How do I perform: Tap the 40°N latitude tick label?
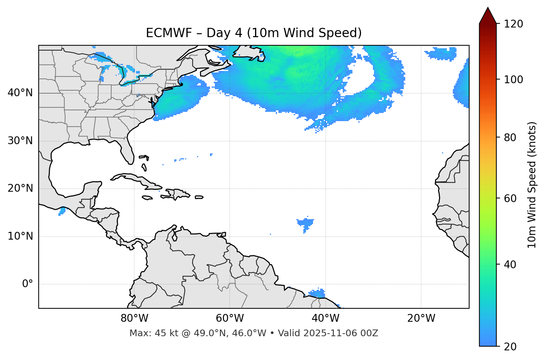(x=20, y=93)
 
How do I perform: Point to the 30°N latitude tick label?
(x=20, y=141)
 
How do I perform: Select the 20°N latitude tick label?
(x=20, y=188)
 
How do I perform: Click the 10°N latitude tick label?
(x=20, y=236)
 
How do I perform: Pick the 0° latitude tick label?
(x=28, y=284)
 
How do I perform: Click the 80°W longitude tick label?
(x=134, y=318)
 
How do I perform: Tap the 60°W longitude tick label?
(x=230, y=318)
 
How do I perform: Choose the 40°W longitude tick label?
(x=325, y=318)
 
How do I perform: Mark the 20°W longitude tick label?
(x=421, y=318)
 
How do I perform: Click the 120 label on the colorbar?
(x=514, y=24)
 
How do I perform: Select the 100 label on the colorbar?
(x=514, y=80)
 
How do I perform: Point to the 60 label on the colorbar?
(x=512, y=198)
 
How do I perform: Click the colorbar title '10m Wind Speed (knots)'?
(x=532, y=185)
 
